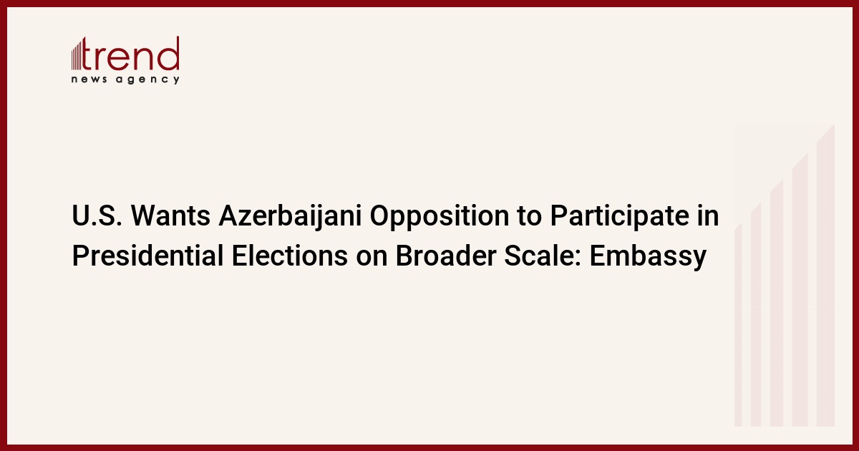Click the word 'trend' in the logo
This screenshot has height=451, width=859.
pyautogui.click(x=130, y=53)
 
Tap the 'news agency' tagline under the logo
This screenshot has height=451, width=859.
pyautogui.click(x=125, y=79)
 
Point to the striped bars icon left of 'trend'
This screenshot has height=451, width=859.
pyautogui.click(x=77, y=55)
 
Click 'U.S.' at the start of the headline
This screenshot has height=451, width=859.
pyautogui.click(x=97, y=216)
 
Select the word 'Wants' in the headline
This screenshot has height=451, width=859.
pyautogui.click(x=170, y=216)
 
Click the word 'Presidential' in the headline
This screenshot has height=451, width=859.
pyautogui.click(x=147, y=256)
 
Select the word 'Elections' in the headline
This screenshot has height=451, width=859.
pyautogui.click(x=289, y=256)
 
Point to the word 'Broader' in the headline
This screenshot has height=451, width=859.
pyautogui.click(x=445, y=256)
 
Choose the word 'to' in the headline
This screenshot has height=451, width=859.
pyautogui.click(x=530, y=217)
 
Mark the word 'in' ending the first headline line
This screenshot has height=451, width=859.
pyautogui.click(x=713, y=216)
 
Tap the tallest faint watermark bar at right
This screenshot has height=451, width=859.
pyautogui.click(x=825, y=275)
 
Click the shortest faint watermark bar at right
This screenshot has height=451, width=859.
pyautogui.click(x=738, y=325)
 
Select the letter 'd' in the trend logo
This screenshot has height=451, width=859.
pyautogui.click(x=169, y=53)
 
